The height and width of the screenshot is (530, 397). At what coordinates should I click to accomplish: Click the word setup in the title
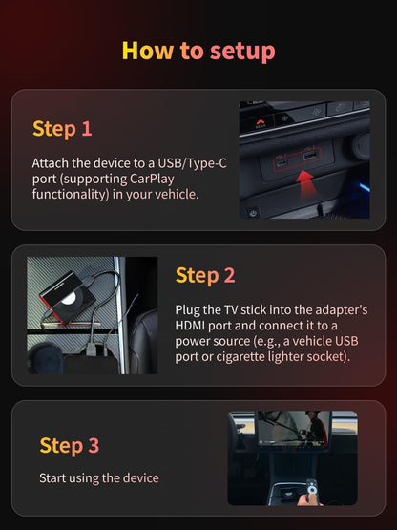242,52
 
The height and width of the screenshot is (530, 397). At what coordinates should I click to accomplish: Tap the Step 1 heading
62,129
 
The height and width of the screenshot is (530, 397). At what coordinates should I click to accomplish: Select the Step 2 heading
205,275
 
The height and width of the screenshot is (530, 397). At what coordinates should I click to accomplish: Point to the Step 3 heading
70,446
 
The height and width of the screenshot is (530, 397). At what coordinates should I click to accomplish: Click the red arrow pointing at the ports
305,184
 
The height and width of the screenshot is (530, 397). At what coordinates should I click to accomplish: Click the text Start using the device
99,478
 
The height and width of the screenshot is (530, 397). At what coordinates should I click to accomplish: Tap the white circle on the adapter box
69,298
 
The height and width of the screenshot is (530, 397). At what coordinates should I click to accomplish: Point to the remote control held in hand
312,487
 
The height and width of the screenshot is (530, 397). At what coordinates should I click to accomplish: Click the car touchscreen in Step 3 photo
294,430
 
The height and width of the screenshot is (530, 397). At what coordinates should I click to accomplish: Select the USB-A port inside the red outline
309,156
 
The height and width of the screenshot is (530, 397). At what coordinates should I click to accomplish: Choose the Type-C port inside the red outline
282,162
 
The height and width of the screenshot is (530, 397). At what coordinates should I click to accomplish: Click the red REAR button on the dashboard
260,124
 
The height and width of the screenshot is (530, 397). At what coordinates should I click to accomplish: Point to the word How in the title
148,51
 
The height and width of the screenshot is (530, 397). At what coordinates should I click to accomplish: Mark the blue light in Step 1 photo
365,187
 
